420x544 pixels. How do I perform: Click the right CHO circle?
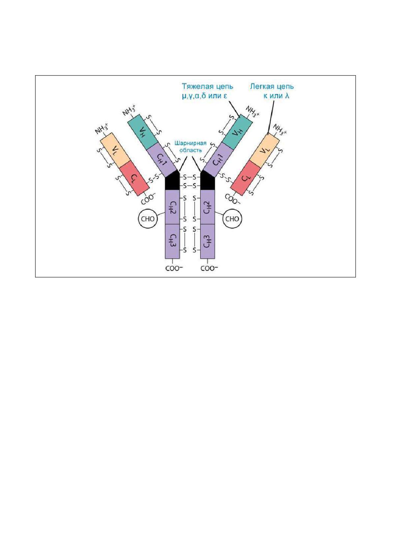click(x=232, y=219)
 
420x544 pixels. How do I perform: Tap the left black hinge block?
click(x=172, y=180)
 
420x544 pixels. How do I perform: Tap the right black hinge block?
click(x=208, y=180)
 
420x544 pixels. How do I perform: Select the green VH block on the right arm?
click(x=237, y=132)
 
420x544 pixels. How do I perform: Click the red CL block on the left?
click(x=134, y=178)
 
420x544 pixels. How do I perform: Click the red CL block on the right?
click(x=246, y=178)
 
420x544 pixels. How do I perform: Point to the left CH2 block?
click(x=172, y=207)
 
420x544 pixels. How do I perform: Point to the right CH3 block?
click(x=208, y=241)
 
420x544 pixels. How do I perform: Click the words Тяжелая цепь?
click(x=208, y=87)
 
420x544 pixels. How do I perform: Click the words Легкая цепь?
click(x=272, y=87)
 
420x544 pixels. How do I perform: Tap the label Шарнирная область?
click(x=191, y=147)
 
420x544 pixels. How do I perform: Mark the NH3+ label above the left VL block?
click(x=102, y=128)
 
